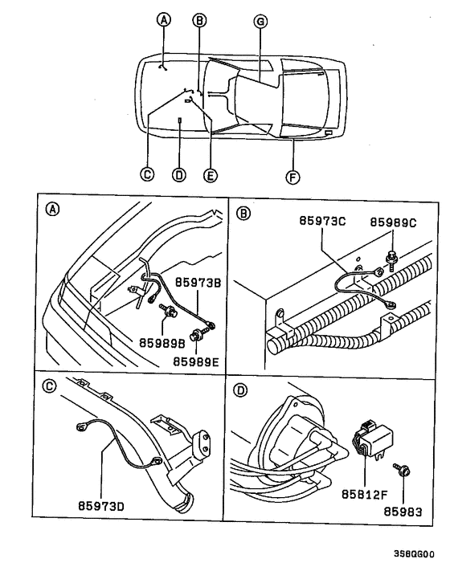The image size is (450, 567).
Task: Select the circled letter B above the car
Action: point(200,22)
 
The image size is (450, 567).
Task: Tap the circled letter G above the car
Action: point(260,22)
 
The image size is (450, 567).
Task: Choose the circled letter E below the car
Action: point(210,173)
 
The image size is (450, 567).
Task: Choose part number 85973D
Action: point(103,507)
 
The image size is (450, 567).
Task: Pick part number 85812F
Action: point(362,494)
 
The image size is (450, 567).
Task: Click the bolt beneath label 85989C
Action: point(391,256)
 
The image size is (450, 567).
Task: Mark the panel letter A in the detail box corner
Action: point(52,210)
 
